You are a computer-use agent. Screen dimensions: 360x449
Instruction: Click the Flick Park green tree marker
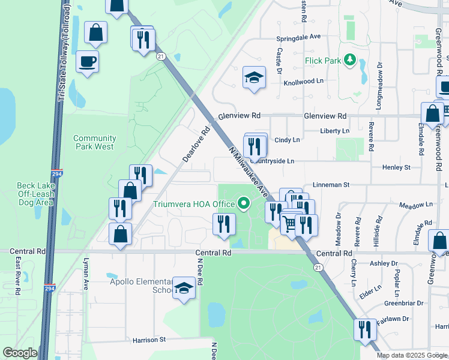(348, 60)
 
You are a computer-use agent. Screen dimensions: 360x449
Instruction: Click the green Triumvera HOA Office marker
(244, 205)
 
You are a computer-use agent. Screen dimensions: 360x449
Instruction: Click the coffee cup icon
(88, 61)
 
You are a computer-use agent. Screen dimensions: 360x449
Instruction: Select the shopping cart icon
(291, 223)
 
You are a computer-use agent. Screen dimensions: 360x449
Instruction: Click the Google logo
(20, 353)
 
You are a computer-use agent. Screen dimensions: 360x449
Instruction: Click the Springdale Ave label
(298, 37)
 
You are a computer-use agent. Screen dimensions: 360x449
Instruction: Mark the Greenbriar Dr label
(403, 303)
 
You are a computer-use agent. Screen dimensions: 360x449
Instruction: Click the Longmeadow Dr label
(379, 83)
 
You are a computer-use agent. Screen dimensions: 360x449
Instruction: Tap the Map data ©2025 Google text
(411, 355)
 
